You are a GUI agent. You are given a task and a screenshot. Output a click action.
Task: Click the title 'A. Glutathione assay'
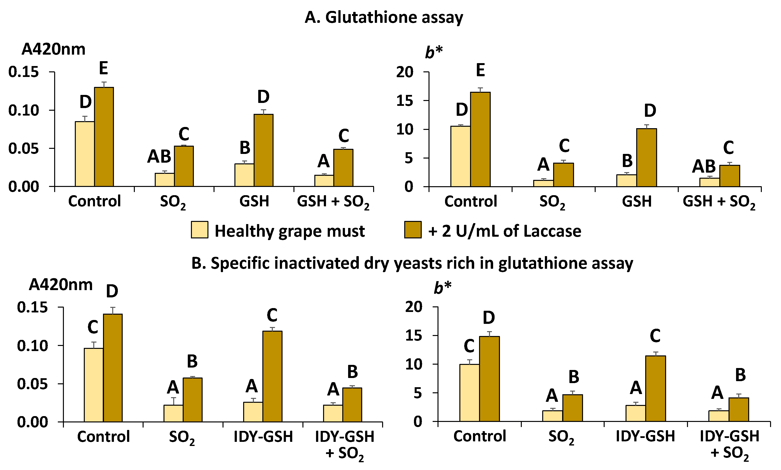[x=384, y=17]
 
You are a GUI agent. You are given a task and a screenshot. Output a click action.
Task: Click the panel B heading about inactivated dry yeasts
[x=412, y=263]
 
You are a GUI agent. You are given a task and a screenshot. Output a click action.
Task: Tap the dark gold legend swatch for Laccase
[x=412, y=230]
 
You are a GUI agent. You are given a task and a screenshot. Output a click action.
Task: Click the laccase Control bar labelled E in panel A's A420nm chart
[x=104, y=136]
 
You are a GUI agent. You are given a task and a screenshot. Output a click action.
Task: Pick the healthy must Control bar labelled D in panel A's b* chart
[x=460, y=156]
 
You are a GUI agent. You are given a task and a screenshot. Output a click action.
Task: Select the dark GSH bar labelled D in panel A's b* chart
[x=646, y=157]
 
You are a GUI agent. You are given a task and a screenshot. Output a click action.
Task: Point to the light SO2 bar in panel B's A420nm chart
[x=173, y=413]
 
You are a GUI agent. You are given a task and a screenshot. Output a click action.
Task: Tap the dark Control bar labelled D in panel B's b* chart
[x=489, y=378]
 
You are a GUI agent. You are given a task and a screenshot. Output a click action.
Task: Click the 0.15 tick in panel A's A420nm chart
[x=24, y=72]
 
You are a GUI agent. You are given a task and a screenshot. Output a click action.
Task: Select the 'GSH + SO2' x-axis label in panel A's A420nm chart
[x=333, y=202]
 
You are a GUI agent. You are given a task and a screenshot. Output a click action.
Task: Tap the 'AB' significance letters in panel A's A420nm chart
[x=159, y=156]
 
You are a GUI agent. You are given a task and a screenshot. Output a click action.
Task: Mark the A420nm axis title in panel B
[x=60, y=285]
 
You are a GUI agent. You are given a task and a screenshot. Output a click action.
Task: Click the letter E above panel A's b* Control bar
[x=480, y=70]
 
